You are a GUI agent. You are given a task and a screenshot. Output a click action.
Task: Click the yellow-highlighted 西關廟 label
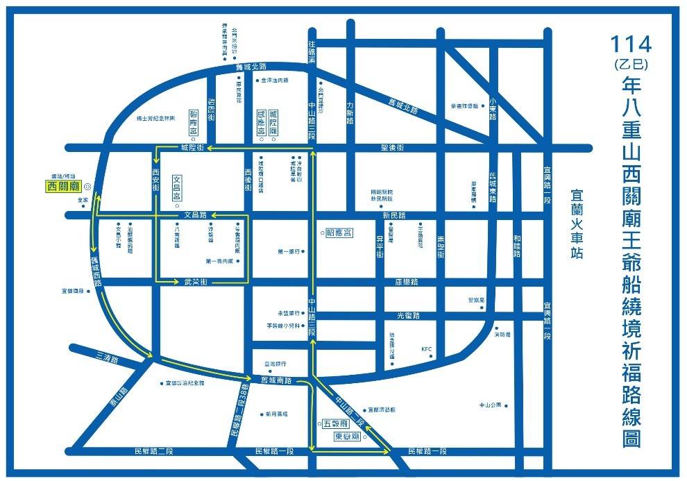[62, 186]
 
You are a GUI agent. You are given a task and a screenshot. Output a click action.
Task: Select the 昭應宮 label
[339, 233]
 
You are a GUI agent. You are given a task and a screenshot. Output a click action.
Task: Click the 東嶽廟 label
[346, 437]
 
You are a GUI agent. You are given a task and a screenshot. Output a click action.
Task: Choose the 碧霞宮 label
[194, 121]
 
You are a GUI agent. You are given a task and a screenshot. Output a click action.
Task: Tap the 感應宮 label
[261, 122]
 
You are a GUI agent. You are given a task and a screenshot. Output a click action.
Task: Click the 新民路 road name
[394, 216]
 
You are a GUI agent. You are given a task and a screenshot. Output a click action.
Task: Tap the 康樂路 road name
[407, 282]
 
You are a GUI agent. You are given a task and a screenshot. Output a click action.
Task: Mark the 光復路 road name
[408, 317]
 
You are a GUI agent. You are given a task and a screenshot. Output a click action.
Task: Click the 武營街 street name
[196, 282]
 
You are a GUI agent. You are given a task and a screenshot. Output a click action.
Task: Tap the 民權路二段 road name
[154, 451]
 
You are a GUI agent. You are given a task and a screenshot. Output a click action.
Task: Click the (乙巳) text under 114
[631, 65]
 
